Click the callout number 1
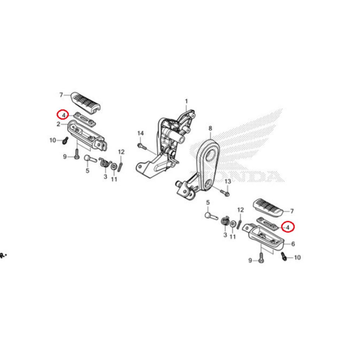tap(186, 101)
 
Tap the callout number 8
tap(210, 129)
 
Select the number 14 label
tap(141, 133)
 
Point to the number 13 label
tap(227, 182)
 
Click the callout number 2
tap(59, 124)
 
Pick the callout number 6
tap(293, 244)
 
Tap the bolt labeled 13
tap(225, 192)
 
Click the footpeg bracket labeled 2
tap(87, 136)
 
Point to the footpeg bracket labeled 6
tap(264, 237)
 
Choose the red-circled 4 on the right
tap(288, 227)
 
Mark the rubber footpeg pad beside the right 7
tap(268, 208)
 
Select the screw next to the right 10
tap(284, 256)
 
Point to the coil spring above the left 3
tap(104, 162)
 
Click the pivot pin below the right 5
tap(211, 216)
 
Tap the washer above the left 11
tap(114, 166)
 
